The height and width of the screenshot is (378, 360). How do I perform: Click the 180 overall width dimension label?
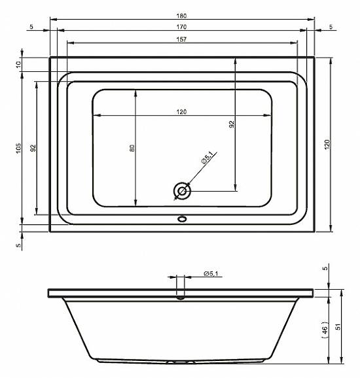point(181,16)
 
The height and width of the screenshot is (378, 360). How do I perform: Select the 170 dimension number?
point(181,27)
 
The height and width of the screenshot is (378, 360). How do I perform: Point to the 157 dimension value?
point(181,39)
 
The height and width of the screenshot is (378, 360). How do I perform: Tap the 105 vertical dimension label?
point(18,148)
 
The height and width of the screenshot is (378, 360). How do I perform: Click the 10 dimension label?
point(18,64)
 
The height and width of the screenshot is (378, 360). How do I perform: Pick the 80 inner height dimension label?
point(132,148)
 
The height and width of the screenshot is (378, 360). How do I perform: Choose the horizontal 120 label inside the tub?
point(181,112)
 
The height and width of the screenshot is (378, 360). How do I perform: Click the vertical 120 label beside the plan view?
point(327,145)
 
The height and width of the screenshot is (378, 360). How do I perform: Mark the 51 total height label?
point(338,326)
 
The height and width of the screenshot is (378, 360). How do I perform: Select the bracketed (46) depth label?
point(325,330)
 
